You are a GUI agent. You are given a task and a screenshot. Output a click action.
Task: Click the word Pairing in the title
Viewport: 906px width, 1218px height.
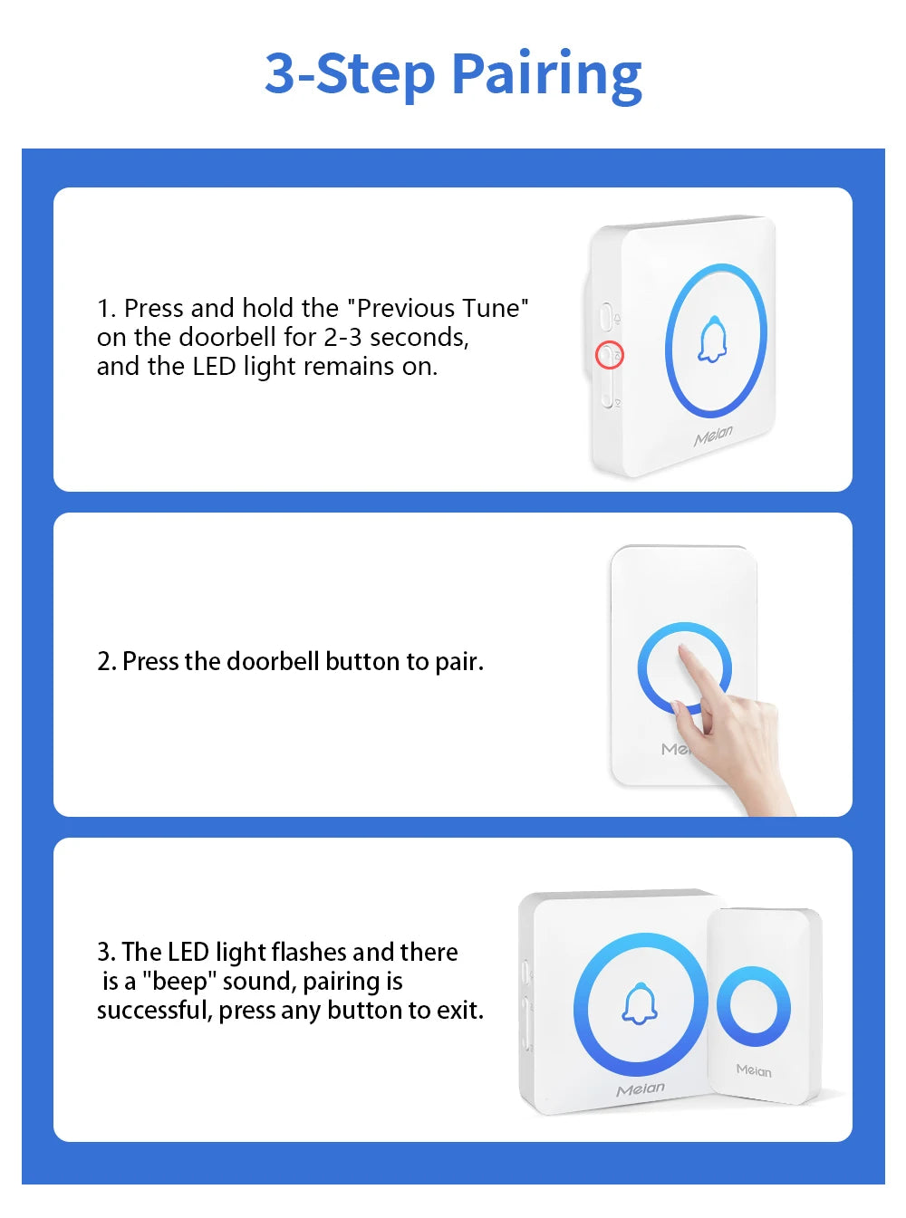pyautogui.click(x=546, y=74)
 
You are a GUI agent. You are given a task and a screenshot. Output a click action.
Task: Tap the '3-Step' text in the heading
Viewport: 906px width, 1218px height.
pyautogui.click(x=349, y=74)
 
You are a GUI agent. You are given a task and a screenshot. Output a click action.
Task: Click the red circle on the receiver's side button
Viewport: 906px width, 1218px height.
pyautogui.click(x=609, y=355)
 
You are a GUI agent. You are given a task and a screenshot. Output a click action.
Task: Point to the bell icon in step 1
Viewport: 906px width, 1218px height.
pyautogui.click(x=713, y=340)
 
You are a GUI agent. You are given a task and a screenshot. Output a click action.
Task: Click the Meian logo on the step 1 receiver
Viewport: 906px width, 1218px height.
pyautogui.click(x=713, y=436)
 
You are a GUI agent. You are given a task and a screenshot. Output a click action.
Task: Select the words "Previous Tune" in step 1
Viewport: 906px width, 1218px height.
pyautogui.click(x=438, y=308)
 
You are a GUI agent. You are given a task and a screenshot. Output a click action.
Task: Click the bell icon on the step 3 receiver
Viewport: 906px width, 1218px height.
pyautogui.click(x=640, y=1004)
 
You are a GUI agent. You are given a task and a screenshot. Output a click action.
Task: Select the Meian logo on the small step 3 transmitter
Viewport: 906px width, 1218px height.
pyautogui.click(x=754, y=1070)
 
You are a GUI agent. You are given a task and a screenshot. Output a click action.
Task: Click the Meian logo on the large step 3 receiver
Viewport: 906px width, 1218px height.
pyautogui.click(x=641, y=1089)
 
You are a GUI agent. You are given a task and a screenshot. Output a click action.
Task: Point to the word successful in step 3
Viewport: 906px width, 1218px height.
pyautogui.click(x=154, y=1011)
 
